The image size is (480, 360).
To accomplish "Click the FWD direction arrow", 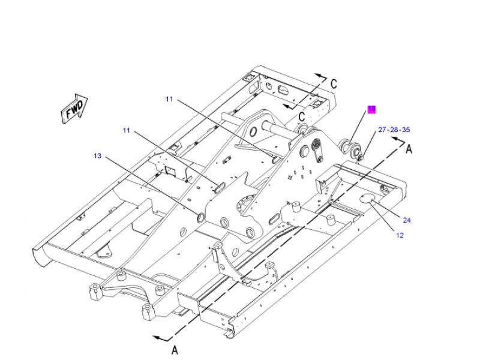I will click(x=74, y=108).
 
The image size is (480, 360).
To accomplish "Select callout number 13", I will click(x=98, y=156).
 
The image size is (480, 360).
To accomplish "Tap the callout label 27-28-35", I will click(x=394, y=130).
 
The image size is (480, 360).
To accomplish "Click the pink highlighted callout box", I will click(x=371, y=109).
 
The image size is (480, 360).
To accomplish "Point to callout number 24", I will click(x=407, y=220).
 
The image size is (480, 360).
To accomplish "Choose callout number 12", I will click(x=400, y=235).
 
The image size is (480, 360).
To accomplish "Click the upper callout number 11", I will click(x=169, y=99).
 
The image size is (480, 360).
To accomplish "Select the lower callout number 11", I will click(x=127, y=130).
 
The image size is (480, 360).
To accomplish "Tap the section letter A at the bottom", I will click(x=175, y=349).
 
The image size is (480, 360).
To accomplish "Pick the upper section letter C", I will click(x=334, y=83).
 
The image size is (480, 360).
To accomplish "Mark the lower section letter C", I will click(x=302, y=116).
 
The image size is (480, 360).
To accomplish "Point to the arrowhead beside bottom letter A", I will click(x=157, y=338).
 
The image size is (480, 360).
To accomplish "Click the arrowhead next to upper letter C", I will click(x=318, y=77).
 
